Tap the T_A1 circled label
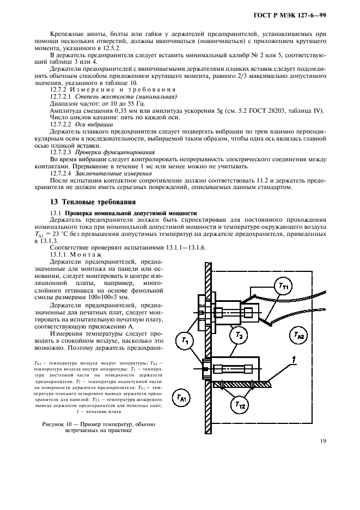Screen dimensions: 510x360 click(180, 398)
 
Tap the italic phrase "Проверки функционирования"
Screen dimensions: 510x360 click(107, 152)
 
